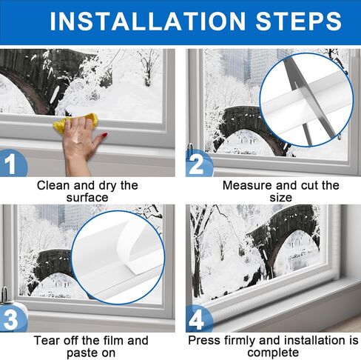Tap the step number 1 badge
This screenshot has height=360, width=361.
click(x=12, y=164)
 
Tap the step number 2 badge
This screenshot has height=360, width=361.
click(x=198, y=164)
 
